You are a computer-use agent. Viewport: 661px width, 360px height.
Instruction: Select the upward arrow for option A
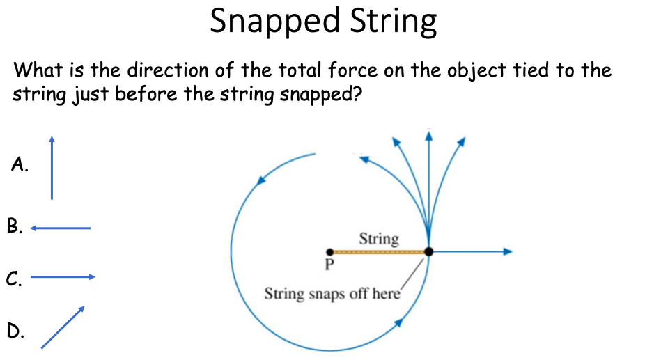click(51, 167)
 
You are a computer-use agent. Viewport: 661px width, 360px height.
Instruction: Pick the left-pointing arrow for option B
click(61, 228)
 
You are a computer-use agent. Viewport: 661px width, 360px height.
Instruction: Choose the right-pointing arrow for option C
click(63, 277)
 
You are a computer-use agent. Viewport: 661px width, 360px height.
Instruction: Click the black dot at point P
click(329, 251)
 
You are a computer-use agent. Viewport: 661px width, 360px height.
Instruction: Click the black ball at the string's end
click(428, 251)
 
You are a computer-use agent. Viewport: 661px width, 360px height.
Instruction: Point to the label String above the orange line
click(379, 240)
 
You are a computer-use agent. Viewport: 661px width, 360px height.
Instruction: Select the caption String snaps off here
click(332, 293)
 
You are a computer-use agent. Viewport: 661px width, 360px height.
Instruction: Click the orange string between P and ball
click(379, 251)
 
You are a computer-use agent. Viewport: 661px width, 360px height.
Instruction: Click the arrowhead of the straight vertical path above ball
click(428, 134)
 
